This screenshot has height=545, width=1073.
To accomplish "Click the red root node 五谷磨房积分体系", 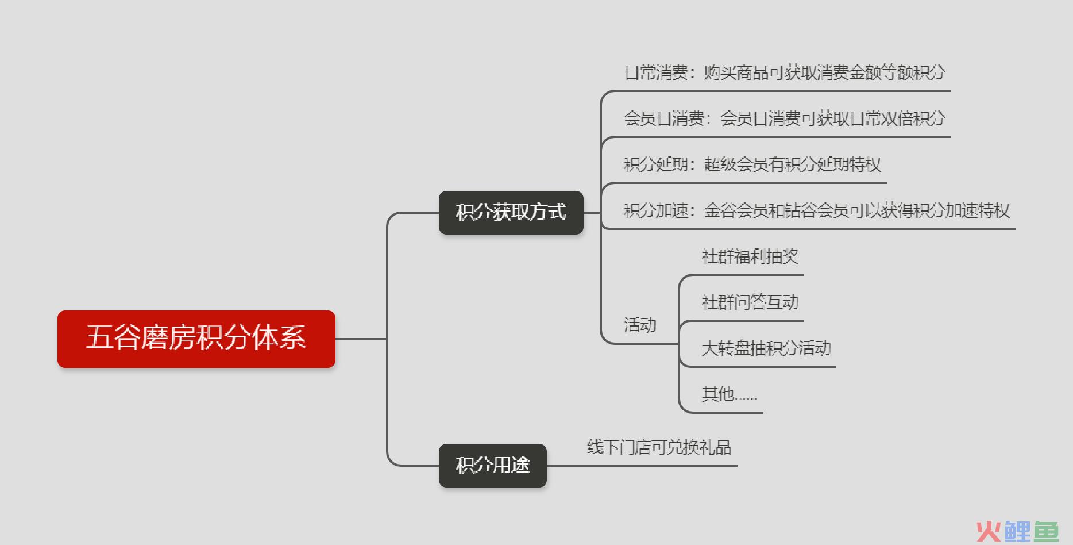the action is (x=196, y=339).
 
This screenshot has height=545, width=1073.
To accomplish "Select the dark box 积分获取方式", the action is (x=511, y=212).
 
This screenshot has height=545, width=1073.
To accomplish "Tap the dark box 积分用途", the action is (x=493, y=465).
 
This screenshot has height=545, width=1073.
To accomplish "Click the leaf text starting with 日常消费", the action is (x=785, y=72).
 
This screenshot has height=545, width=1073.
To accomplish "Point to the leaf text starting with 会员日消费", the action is (x=785, y=118).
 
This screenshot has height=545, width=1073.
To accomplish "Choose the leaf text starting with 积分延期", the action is (x=752, y=164).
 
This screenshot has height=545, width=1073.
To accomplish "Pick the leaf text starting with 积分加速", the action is (x=817, y=210).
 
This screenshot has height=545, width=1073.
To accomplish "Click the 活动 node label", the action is (x=640, y=325).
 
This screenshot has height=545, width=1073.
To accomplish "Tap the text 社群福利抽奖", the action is (x=750, y=256).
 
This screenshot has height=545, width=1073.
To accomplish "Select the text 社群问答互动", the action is (x=750, y=302).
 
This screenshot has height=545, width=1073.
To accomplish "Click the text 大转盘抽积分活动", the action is (x=766, y=348).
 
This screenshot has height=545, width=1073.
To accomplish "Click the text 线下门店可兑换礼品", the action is (x=659, y=447).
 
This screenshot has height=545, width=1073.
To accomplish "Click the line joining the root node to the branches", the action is (x=361, y=339).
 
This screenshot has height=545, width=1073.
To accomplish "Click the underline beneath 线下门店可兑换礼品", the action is (x=642, y=465).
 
